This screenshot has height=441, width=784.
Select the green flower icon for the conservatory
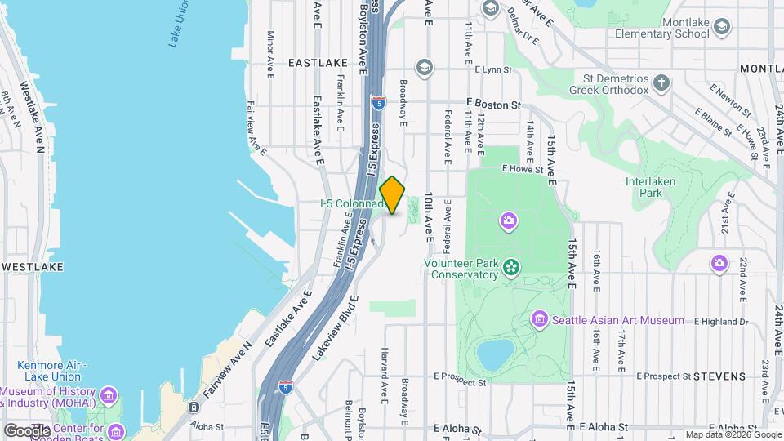pos(512,267)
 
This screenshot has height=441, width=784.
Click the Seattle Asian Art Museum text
pos(617,320)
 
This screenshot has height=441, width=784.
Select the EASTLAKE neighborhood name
pos(318,62)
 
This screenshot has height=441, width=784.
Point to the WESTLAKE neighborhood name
pos(32,267)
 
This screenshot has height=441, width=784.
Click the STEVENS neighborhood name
pos(719,376)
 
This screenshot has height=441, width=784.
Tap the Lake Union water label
pos(181,24)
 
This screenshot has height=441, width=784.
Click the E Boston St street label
pos(493,105)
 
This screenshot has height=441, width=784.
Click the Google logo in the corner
pos(26,430)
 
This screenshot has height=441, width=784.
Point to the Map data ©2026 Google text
pos(732,434)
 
